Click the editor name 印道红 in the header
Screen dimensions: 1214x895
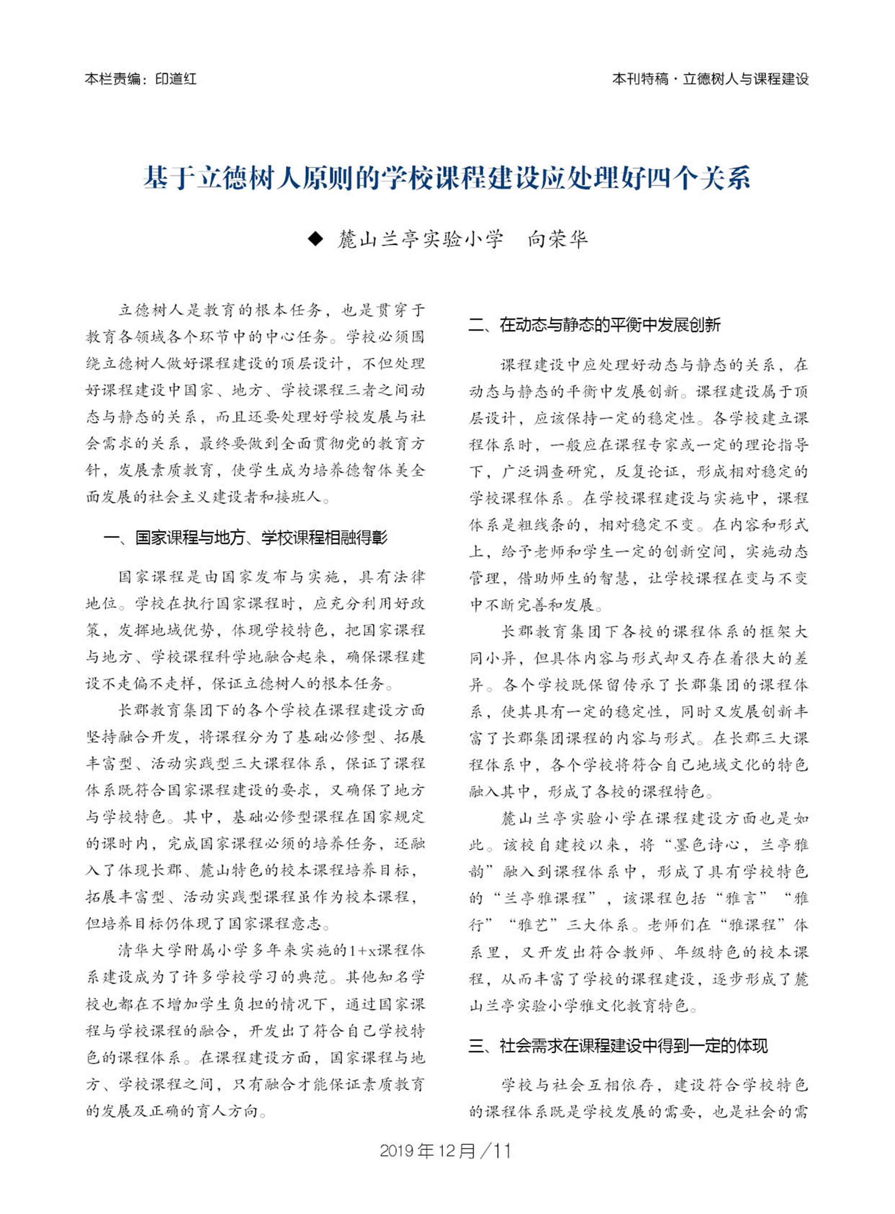tap(175, 79)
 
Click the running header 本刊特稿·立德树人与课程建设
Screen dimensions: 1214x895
tap(710, 79)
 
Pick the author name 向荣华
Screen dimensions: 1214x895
tap(558, 239)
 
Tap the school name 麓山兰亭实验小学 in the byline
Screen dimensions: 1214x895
tap(420, 239)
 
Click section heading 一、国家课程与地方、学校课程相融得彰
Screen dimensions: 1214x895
tap(245, 538)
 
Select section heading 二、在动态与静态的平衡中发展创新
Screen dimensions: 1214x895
tap(594, 324)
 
